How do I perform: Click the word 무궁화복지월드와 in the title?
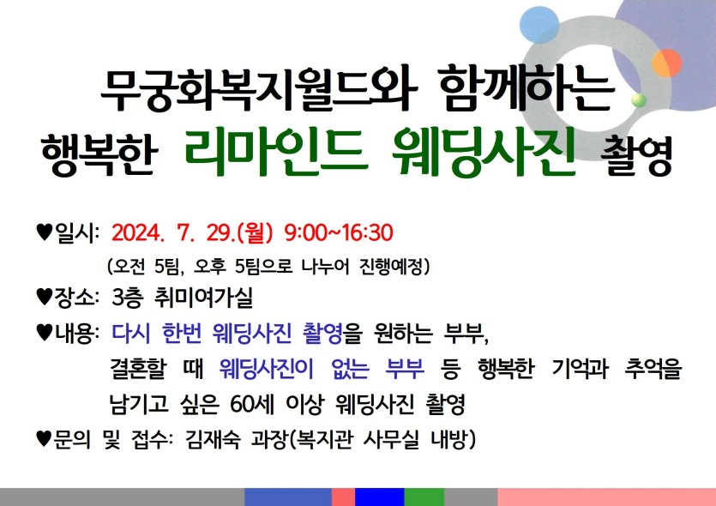[258, 89]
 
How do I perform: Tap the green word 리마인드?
[276, 153]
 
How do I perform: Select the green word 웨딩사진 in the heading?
[482, 153]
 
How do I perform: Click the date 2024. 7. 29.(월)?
[192, 233]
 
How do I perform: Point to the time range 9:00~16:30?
[339, 233]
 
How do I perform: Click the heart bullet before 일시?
[45, 232]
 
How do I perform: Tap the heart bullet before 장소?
[45, 298]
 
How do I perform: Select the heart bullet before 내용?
[45, 333]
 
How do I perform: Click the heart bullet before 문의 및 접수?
[45, 440]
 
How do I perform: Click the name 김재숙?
[213, 440]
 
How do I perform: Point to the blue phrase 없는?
[350, 369]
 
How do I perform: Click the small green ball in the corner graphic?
[640, 100]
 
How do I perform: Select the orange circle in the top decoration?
[666, 63]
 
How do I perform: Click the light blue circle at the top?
[539, 25]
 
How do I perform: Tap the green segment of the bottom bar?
[424, 497]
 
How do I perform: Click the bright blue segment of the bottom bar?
[380, 497]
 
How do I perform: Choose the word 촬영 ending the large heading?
[636, 155]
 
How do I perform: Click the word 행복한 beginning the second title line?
[99, 155]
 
